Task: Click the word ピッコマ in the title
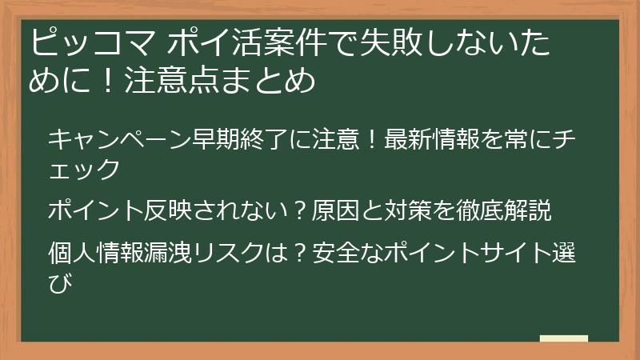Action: (93, 42)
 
